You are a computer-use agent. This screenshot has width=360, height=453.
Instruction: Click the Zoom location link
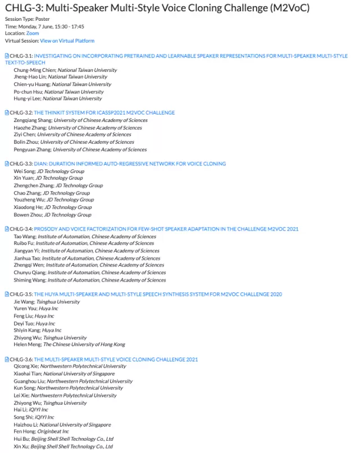[33, 34]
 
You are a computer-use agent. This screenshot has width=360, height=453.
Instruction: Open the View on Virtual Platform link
[67, 41]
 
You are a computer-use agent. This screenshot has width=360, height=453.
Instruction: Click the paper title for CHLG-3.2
[104, 113]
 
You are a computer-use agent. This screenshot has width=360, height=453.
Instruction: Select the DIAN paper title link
[130, 164]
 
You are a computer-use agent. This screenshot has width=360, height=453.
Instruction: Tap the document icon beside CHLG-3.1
[7, 56]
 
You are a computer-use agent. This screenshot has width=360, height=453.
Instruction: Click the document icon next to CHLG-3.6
[7, 359]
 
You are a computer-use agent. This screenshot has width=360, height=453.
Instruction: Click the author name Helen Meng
[27, 345]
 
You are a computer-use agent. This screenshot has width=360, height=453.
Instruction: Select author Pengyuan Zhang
[32, 150]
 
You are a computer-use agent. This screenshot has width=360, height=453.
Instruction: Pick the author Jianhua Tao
[27, 258]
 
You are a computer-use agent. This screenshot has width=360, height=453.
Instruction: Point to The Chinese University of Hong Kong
[84, 345]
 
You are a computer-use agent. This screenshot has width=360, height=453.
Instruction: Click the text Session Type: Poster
[28, 19]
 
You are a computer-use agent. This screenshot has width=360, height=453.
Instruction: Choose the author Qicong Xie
[26, 366]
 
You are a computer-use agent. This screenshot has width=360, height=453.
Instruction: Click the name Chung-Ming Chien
[35, 70]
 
